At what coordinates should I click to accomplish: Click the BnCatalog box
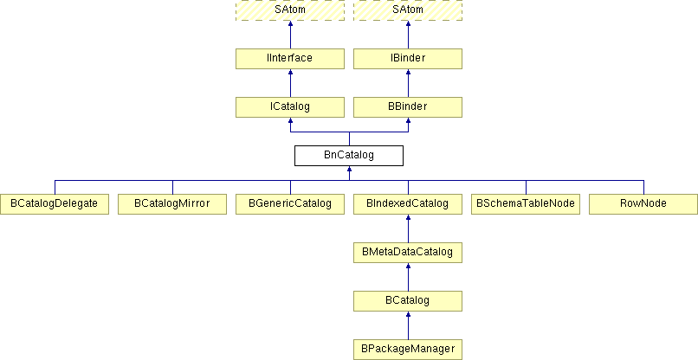click(349, 156)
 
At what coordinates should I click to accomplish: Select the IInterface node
click(290, 59)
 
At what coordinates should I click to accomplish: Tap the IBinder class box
click(408, 59)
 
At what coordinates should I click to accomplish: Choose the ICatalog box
click(290, 107)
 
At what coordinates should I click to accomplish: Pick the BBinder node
click(408, 107)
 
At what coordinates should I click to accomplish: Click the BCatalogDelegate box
click(55, 204)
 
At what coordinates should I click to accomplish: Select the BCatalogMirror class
click(172, 204)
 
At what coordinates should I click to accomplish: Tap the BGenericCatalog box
click(290, 204)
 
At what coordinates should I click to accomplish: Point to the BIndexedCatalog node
click(408, 204)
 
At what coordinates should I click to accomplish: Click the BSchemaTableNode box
click(526, 204)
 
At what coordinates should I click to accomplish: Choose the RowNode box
click(643, 204)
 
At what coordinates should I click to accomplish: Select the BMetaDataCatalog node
click(408, 253)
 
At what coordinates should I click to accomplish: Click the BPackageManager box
click(408, 350)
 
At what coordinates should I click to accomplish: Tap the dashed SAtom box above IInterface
click(290, 10)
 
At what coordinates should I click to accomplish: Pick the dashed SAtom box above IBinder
click(408, 10)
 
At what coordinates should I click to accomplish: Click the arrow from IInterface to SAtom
click(290, 35)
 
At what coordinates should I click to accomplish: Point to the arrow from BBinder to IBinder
click(408, 83)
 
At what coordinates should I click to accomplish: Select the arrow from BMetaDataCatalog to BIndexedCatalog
click(408, 228)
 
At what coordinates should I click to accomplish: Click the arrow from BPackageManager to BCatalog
click(408, 325)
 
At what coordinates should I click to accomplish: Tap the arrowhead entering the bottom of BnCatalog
click(350, 169)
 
